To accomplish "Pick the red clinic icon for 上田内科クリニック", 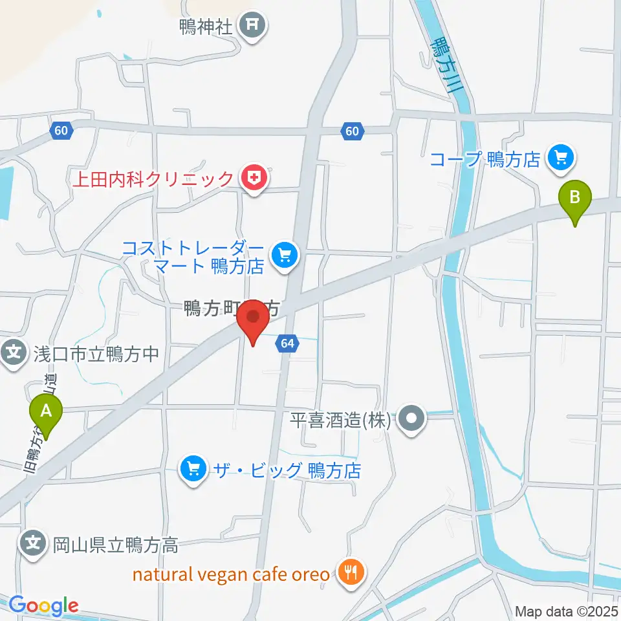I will point(253,178).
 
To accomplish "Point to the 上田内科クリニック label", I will point(153,178).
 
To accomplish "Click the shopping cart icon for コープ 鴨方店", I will point(558,158).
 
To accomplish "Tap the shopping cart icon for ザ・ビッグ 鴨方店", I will point(193,467).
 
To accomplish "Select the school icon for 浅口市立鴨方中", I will point(14,353).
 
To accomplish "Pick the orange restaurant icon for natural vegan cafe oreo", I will point(350,572).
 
